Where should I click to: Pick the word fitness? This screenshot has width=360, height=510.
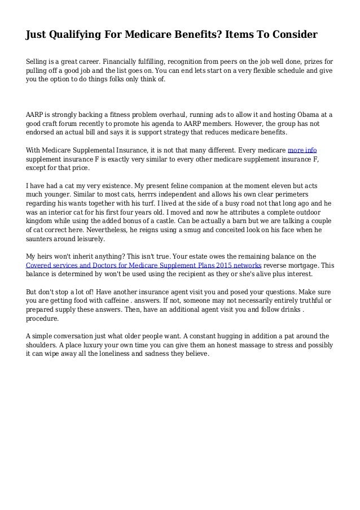pos(120,114)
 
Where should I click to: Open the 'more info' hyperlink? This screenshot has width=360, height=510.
pos(302,150)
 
